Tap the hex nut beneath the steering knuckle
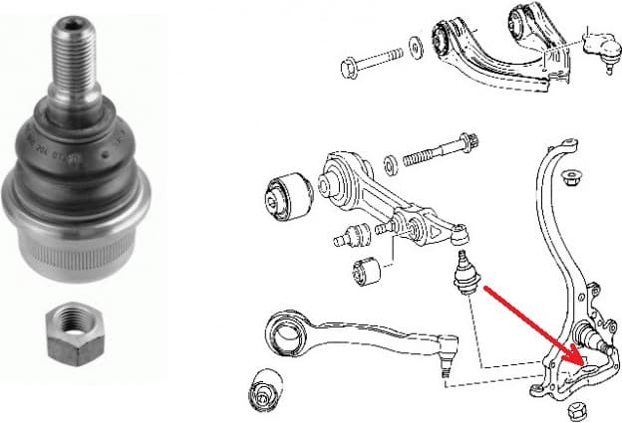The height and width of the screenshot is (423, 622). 575,411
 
